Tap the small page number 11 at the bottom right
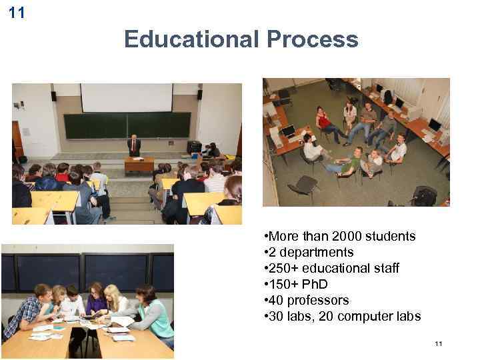coord(438,343)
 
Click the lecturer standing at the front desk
coord(134,145)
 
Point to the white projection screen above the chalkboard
coord(127,97)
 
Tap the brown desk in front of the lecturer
coord(139,164)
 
